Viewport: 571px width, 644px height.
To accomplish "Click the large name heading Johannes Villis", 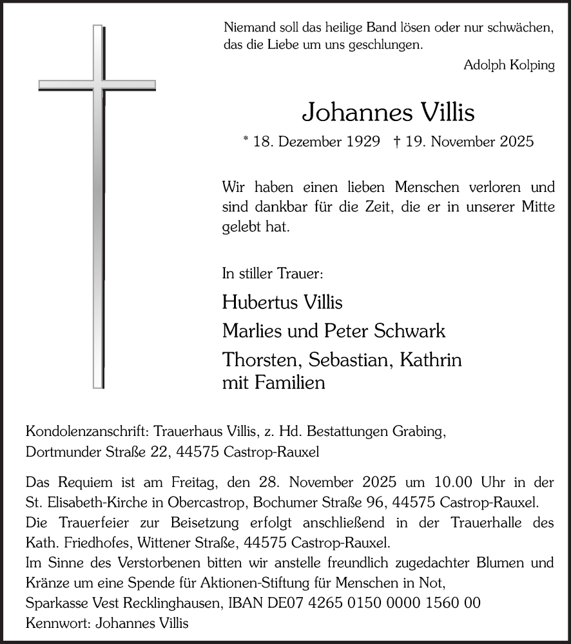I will click(x=388, y=112).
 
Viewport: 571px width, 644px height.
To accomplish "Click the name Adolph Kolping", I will click(x=509, y=66).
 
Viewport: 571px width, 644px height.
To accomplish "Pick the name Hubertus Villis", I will click(x=282, y=302).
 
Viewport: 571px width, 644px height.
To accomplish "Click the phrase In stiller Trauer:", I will click(x=273, y=274).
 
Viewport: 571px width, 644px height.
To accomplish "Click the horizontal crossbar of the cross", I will click(x=97, y=85).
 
